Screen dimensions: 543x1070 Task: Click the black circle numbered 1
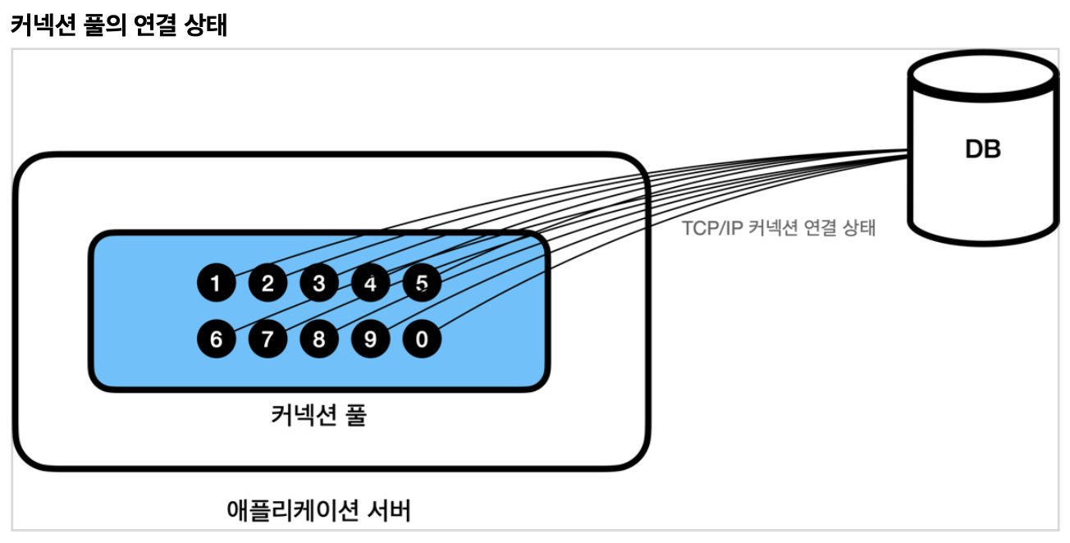point(216,284)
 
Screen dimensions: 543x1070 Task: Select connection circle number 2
point(267,284)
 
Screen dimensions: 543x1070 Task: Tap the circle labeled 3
point(319,284)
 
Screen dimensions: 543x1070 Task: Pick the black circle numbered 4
point(371,284)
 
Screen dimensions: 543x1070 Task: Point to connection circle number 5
point(422,284)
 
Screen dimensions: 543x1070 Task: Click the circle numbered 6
point(216,339)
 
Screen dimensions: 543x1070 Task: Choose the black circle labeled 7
point(267,339)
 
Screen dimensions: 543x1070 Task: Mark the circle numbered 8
point(319,339)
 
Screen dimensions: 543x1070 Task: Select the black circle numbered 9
point(371,339)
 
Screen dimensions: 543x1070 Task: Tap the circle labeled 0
point(422,339)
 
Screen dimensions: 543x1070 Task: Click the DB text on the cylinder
point(982,150)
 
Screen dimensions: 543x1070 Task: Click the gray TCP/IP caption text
point(779,228)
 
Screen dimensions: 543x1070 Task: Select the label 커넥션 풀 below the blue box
point(318,415)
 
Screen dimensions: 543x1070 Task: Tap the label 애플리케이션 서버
point(318,511)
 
